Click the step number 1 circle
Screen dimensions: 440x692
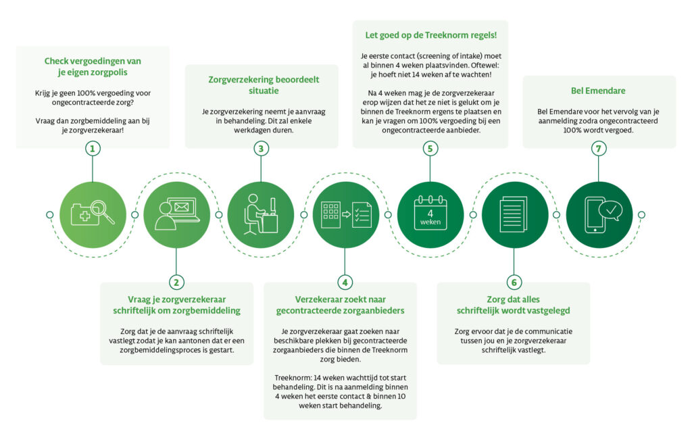tap(92, 149)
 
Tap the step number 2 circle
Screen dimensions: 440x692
tap(176, 281)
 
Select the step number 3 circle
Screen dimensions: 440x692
tap(261, 149)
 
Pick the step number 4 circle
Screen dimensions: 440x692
tap(345, 281)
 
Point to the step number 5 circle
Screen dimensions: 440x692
tap(430, 149)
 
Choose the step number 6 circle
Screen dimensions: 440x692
tap(514, 281)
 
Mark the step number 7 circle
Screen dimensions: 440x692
tap(598, 149)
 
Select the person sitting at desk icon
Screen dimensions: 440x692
tap(260, 215)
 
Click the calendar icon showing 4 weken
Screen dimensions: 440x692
tap(430, 215)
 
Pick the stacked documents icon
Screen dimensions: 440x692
tap(514, 215)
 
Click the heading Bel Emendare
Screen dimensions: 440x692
tap(598, 91)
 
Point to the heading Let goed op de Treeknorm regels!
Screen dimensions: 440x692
tap(430, 35)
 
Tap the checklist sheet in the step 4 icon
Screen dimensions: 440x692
tap(361, 215)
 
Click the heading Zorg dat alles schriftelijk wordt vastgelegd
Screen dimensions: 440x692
tap(513, 304)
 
